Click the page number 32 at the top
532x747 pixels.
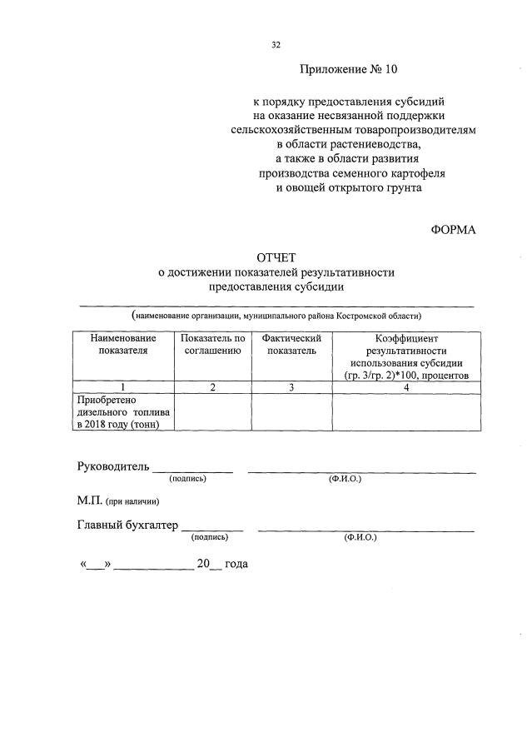point(276,46)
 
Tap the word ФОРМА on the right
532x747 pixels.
point(454,230)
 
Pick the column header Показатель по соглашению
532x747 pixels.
point(212,345)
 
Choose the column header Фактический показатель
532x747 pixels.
point(291,345)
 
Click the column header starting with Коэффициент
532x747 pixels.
point(406,356)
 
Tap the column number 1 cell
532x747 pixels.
point(123,387)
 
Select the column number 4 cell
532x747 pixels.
point(406,387)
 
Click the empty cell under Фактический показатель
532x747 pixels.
point(291,412)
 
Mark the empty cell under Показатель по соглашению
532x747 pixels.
point(212,412)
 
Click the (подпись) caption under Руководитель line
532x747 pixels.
point(187,480)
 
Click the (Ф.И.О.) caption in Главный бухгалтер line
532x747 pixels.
point(360,538)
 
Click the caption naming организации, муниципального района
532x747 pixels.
point(277,316)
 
